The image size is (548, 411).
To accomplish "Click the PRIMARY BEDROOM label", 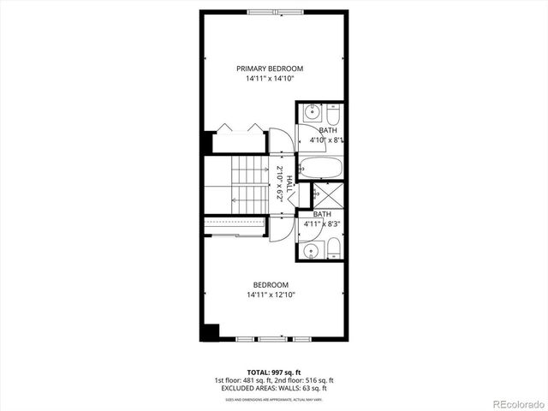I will (x=270, y=68).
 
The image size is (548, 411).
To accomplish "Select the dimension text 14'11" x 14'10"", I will (x=270, y=80).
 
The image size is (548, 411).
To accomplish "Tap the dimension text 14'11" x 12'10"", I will (x=270, y=295).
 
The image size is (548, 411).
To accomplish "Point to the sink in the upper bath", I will (x=313, y=112).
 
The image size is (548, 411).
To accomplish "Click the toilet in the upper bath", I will (x=333, y=115).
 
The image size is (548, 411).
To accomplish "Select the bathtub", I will (x=320, y=166).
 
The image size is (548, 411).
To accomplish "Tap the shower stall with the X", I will (x=325, y=196).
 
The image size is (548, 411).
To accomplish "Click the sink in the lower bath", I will (x=313, y=250).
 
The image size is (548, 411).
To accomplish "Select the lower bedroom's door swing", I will (x=280, y=229).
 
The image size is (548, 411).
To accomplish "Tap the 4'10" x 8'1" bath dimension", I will (x=326, y=140).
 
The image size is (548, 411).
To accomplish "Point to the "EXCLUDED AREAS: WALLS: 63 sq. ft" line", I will (x=274, y=389).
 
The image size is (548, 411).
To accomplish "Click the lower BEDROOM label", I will (x=270, y=284).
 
